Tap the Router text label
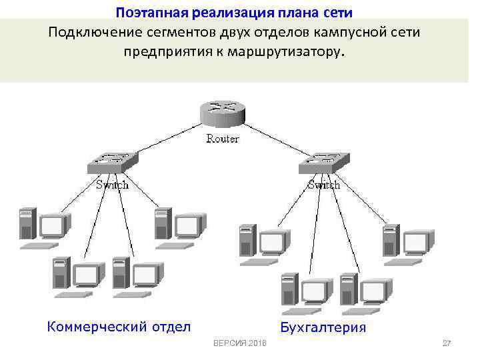click(223, 139)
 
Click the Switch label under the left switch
click(111, 185)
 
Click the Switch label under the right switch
click(323, 185)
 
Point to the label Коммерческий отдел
click(119, 326)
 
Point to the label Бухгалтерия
click(323, 327)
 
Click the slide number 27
click(447, 343)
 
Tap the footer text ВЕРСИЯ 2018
click(239, 343)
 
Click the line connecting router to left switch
click(167, 139)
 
